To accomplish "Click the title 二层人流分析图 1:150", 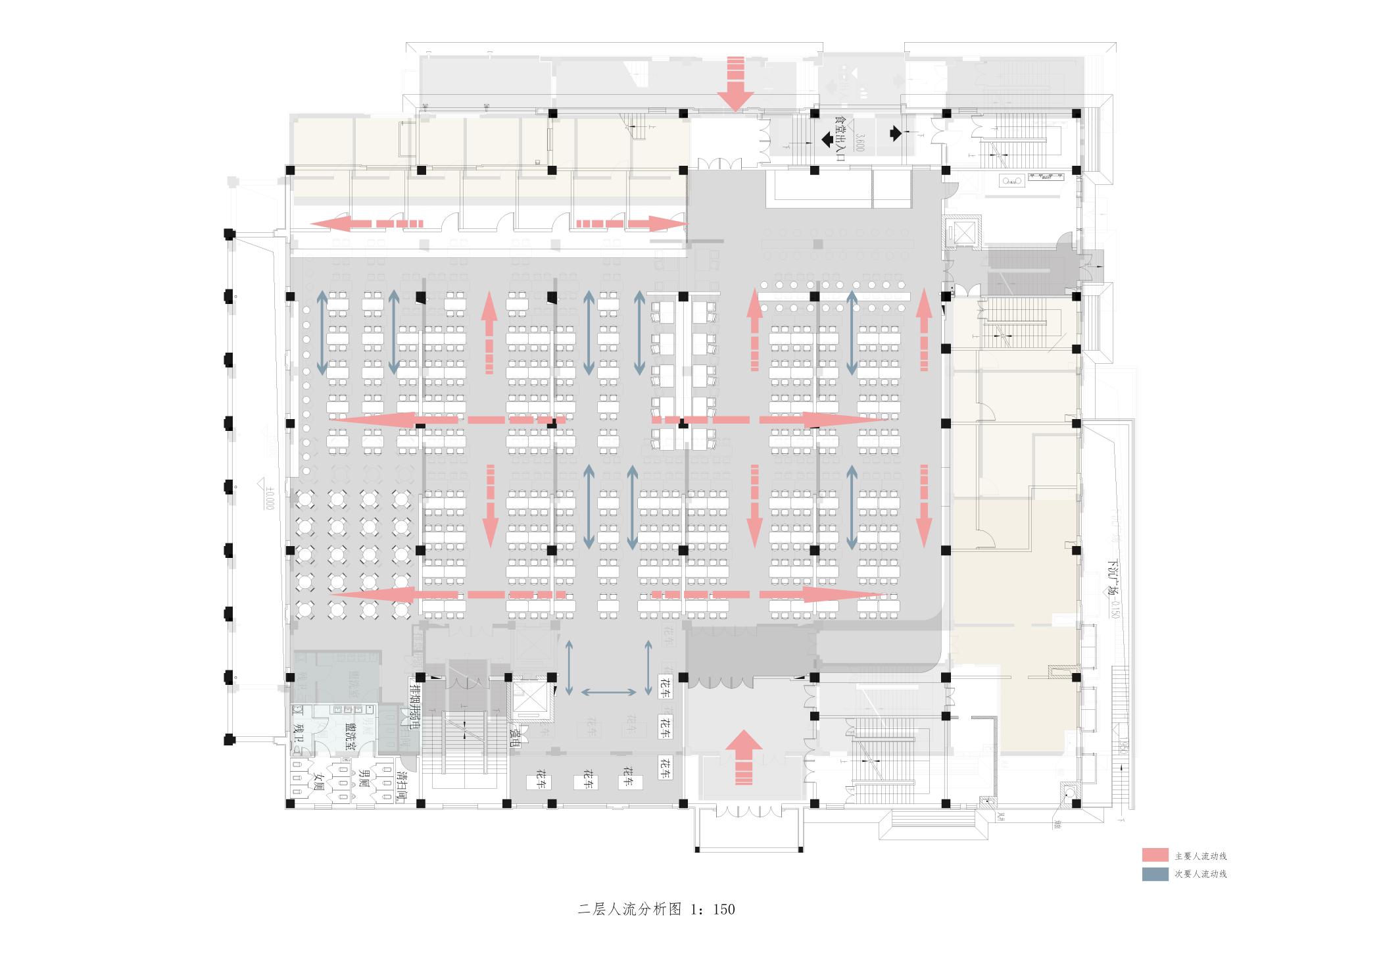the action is [656, 909].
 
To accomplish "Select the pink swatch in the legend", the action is [1155, 855].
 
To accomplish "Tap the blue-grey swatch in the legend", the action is [1155, 874].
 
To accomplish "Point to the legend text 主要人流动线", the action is [1201, 856].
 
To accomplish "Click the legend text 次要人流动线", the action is [1201, 874].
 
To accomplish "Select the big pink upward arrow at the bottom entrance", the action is [744, 756].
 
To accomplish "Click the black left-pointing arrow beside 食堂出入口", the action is [825, 139].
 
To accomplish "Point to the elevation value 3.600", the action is [858, 141].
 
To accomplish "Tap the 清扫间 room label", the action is [399, 785].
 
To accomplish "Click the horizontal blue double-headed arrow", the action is [608, 691].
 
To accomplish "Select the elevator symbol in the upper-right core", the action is [962, 231].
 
